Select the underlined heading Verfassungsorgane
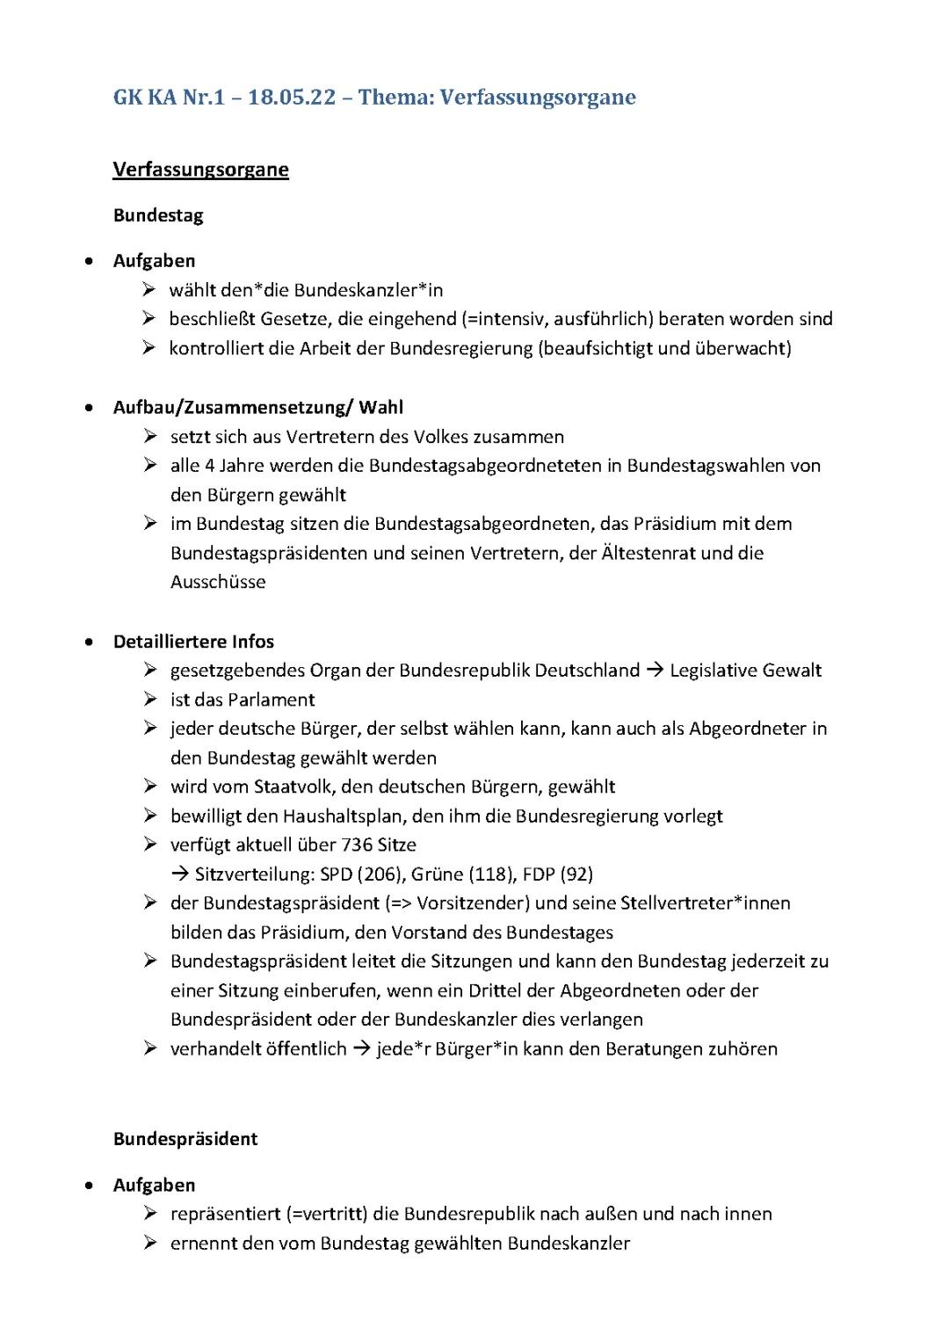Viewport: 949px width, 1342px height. click(x=200, y=170)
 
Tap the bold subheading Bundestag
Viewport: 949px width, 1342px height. click(x=158, y=215)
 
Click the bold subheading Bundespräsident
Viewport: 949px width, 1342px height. click(x=185, y=1139)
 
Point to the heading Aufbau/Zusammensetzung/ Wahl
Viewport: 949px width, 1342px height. click(x=258, y=407)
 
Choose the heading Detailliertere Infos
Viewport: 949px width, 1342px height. click(x=193, y=642)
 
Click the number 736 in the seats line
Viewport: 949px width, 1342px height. click(x=358, y=845)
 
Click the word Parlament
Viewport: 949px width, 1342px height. click(x=272, y=700)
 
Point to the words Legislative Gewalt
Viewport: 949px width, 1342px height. click(x=745, y=671)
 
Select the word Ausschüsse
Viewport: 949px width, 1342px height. click(x=218, y=582)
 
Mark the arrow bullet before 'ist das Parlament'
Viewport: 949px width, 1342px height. click(x=150, y=700)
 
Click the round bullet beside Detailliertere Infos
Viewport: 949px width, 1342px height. click(x=89, y=642)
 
